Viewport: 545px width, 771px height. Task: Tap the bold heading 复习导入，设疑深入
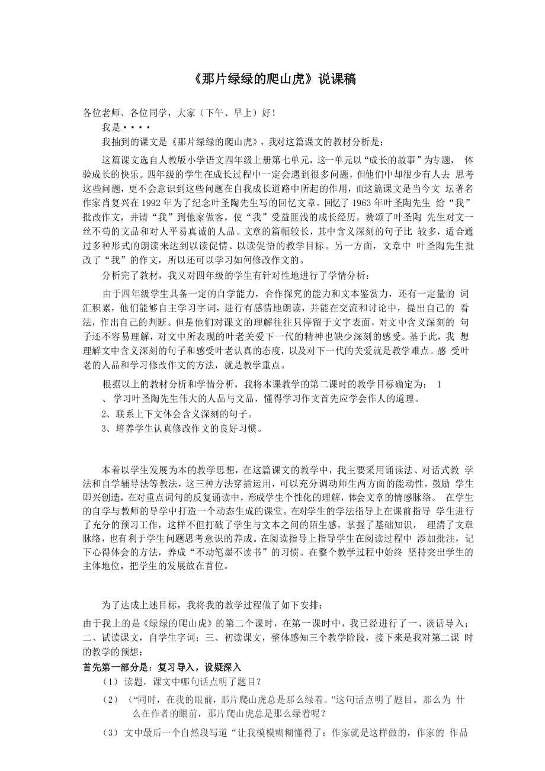(x=200, y=667)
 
